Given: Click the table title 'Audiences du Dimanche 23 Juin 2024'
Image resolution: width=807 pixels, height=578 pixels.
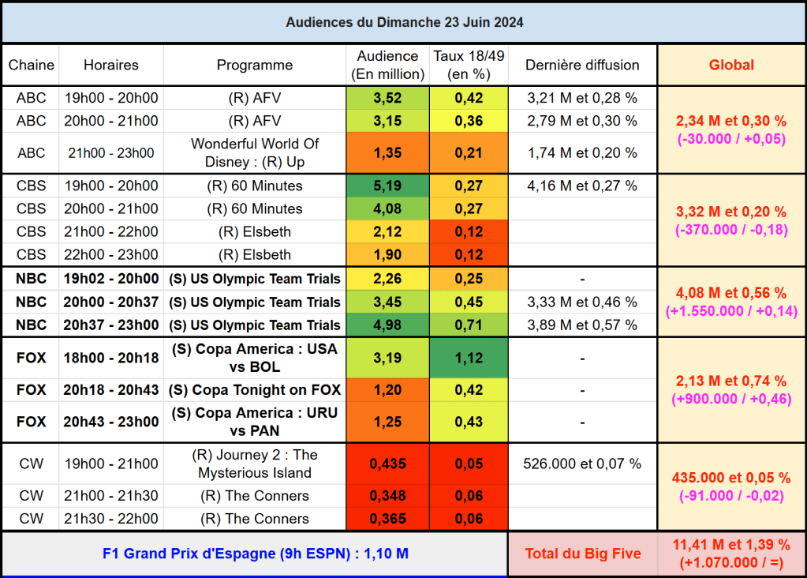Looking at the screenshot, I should point(404,22).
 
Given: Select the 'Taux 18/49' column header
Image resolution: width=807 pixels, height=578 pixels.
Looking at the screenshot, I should point(469,65).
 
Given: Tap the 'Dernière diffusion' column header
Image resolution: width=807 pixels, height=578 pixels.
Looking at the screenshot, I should point(582,65).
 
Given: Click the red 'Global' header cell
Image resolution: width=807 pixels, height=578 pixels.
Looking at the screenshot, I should point(731,65).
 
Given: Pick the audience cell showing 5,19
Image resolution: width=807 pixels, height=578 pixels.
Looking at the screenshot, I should point(387,186).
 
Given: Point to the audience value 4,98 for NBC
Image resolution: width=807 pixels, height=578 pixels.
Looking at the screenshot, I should point(387,325).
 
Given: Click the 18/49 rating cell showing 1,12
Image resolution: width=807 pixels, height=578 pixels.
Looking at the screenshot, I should point(469,358).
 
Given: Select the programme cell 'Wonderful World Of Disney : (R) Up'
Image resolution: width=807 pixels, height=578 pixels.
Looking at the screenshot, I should point(255,152).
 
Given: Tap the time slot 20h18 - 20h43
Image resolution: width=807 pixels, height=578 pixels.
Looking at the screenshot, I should point(111,389).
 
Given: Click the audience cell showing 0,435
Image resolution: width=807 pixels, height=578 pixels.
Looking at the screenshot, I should point(387,464).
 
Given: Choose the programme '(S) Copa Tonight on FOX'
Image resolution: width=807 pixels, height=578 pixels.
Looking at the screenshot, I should point(255,389).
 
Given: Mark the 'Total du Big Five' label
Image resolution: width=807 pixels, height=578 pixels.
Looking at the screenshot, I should point(582,554).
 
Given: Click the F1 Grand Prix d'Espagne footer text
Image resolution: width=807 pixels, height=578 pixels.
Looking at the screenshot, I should point(255,554).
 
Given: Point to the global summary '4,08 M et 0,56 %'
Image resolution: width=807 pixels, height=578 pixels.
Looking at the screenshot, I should point(731,293).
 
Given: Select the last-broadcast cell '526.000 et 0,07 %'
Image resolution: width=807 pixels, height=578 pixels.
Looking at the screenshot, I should point(582,464).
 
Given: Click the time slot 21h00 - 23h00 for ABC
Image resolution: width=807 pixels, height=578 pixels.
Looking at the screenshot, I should point(111,152).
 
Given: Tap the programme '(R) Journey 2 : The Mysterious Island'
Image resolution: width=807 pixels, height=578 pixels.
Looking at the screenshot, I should point(255,464).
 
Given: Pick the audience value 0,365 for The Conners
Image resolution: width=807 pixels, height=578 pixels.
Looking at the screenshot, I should point(387,519).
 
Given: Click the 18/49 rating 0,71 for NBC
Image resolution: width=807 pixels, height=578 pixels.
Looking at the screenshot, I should point(469,325).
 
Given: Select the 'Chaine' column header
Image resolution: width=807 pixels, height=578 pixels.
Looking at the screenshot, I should point(32,65).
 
